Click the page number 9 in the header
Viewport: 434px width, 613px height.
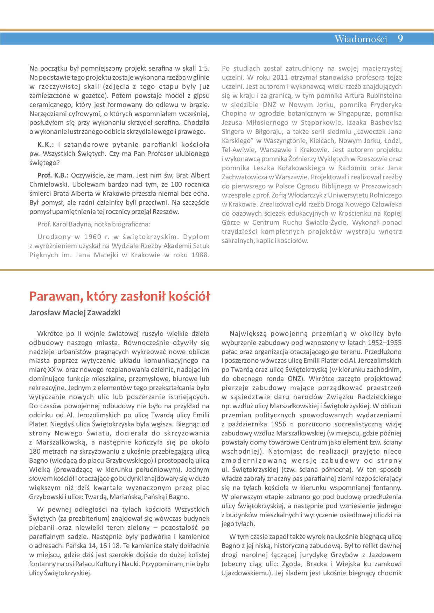[x=400, y=39]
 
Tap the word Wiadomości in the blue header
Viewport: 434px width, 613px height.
[x=360, y=39]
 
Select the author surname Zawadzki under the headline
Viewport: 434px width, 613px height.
[x=104, y=313]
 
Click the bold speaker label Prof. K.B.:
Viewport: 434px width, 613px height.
[x=53, y=175]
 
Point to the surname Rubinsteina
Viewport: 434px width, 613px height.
[x=384, y=95]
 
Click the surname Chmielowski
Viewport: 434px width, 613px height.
[x=47, y=184]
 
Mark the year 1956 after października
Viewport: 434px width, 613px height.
[x=279, y=425]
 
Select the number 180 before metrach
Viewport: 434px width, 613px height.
[x=35, y=451]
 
